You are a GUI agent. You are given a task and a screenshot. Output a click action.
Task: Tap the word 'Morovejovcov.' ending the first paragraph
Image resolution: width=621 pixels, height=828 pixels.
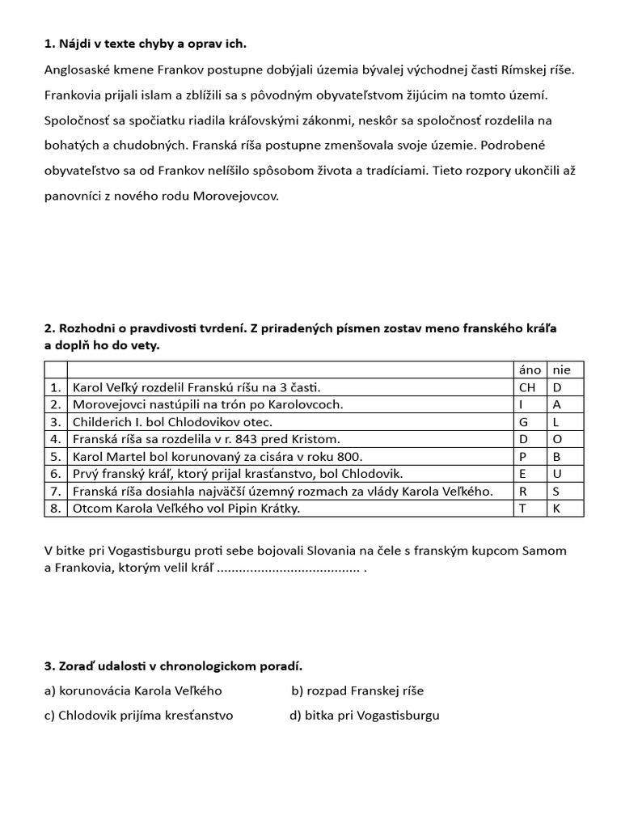235,196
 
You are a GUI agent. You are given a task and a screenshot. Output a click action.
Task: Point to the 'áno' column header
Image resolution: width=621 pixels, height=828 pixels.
530,370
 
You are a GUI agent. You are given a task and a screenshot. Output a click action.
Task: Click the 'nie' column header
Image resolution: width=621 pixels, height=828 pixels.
561,370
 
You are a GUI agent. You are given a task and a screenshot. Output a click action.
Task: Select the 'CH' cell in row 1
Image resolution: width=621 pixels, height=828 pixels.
527,387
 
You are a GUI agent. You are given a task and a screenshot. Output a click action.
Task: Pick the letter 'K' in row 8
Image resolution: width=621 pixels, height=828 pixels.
556,508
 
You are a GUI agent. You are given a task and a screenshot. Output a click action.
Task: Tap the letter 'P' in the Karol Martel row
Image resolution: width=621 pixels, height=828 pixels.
522,456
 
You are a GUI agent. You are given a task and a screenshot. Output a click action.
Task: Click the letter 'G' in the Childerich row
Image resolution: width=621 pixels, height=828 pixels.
523,421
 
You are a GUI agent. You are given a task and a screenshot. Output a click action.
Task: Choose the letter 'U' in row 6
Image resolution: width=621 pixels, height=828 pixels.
557,473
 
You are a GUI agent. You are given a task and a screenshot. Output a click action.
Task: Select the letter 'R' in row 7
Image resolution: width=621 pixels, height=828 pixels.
522,491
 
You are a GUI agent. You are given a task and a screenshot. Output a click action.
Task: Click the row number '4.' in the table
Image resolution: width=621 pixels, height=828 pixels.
55,439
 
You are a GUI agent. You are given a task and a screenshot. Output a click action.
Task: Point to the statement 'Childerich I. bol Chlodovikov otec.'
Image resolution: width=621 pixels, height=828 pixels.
173,421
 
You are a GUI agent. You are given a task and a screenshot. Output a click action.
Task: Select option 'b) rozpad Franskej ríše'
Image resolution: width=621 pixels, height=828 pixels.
357,691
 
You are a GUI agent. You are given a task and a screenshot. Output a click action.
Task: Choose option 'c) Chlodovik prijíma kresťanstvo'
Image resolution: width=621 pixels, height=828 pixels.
138,716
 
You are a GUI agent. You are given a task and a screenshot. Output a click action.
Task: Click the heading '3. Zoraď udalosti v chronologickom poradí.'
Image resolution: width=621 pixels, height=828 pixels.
172,665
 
